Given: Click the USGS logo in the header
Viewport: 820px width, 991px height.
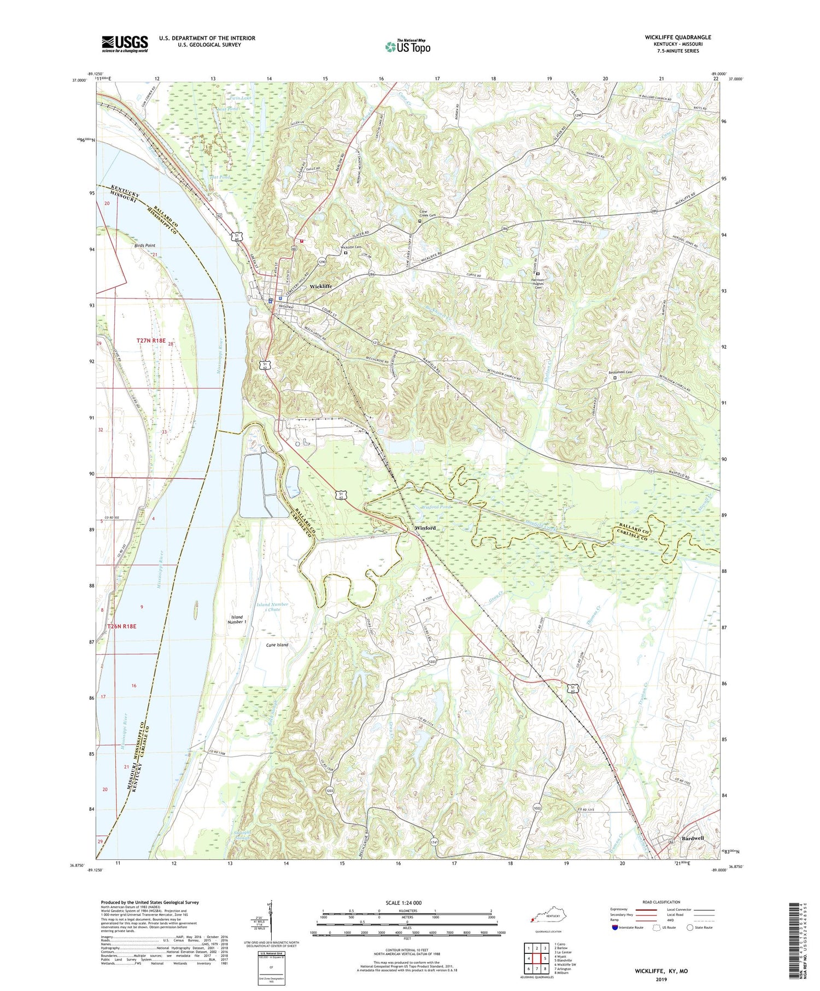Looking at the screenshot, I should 125,44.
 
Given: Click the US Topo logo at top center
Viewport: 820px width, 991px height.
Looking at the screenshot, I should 407,47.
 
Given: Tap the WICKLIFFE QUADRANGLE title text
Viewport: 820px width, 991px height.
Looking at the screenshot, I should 677,37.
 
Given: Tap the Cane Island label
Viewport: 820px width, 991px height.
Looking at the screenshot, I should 277,645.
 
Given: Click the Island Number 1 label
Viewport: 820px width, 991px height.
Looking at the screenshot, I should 238,619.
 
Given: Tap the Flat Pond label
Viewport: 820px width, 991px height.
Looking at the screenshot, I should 220,177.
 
